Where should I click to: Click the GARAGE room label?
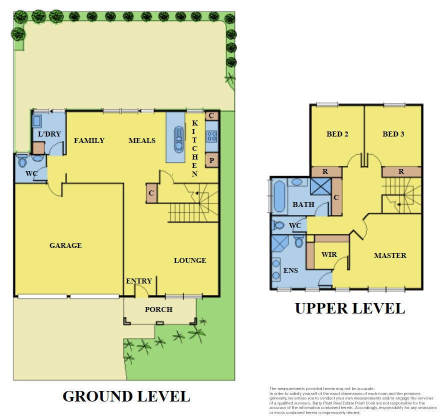(65, 245)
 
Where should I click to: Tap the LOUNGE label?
(190, 260)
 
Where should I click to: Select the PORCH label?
(158, 309)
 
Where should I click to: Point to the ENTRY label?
(138, 281)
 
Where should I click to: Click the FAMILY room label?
(89, 140)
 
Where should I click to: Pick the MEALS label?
(141, 140)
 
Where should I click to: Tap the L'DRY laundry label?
(49, 134)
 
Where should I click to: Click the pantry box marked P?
(211, 160)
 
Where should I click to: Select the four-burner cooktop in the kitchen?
(211, 136)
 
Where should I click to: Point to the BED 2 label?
(337, 134)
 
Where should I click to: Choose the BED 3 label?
(393, 134)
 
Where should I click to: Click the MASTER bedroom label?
(390, 255)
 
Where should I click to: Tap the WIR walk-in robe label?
(329, 254)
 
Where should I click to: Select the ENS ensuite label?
(290, 270)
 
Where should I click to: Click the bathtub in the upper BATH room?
(278, 196)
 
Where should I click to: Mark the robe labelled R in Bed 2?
(325, 171)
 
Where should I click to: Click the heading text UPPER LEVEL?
(349, 308)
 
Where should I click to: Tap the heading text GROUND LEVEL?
(126, 396)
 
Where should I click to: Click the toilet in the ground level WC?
(23, 161)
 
